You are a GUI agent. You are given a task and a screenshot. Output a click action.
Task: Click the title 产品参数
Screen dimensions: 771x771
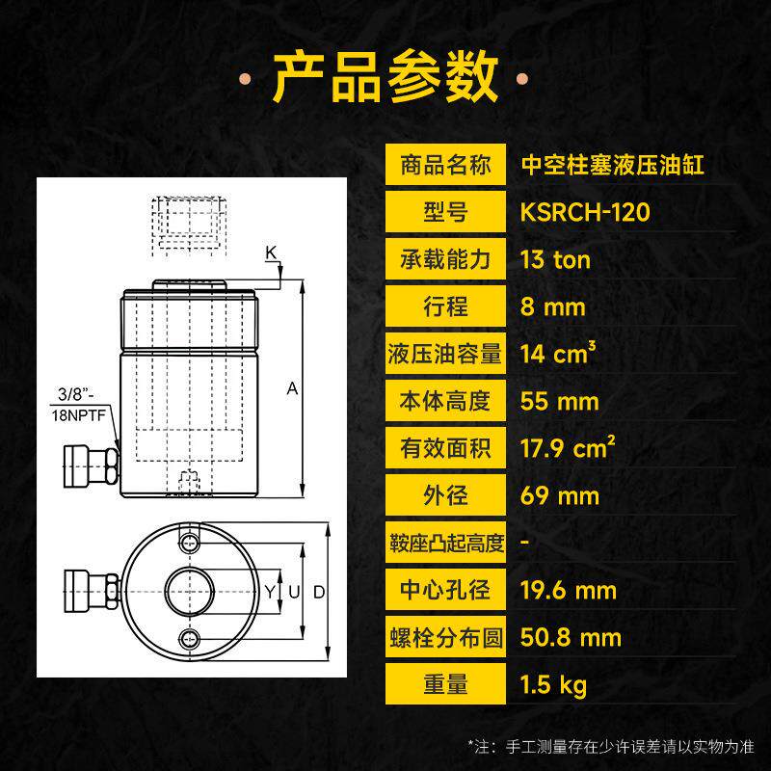[x=385, y=78]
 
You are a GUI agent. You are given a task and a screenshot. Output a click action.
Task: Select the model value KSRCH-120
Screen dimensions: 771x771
[x=585, y=212]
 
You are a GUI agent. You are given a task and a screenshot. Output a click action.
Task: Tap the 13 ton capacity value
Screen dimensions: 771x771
[x=556, y=259]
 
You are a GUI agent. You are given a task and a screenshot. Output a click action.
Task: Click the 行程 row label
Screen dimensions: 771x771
[x=445, y=306]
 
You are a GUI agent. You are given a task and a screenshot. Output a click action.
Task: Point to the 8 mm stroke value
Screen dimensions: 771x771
[x=553, y=306]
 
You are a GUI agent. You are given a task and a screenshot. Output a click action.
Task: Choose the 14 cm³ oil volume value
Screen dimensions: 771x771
[x=558, y=353]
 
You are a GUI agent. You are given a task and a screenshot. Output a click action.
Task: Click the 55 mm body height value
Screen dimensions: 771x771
[x=560, y=401]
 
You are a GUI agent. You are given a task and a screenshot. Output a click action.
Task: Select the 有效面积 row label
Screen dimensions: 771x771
[x=445, y=448]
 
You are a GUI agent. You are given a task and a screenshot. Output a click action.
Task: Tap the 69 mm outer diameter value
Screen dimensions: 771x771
[x=560, y=495]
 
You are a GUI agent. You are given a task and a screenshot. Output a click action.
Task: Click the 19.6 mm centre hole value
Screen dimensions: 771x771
[x=569, y=590]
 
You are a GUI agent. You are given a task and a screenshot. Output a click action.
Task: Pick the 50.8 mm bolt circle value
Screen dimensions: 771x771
[x=571, y=637]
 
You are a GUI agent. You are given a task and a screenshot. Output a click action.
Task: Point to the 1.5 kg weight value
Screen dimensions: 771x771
[x=553, y=685]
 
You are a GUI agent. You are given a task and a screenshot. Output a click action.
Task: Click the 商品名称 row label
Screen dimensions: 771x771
[x=445, y=165]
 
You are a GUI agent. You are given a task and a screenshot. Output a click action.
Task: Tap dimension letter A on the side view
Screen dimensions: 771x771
[x=292, y=388]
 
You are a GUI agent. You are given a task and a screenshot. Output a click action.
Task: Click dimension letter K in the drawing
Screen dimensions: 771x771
[x=271, y=253]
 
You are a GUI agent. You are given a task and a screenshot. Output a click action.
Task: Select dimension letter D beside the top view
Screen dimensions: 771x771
[x=319, y=592]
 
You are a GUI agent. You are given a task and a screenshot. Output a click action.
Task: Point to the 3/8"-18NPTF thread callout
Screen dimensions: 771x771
[x=79, y=404]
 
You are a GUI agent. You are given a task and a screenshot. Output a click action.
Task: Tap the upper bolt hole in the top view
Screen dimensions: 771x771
[x=189, y=544]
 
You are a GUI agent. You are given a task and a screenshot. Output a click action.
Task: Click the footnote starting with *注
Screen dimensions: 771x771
[x=611, y=747]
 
